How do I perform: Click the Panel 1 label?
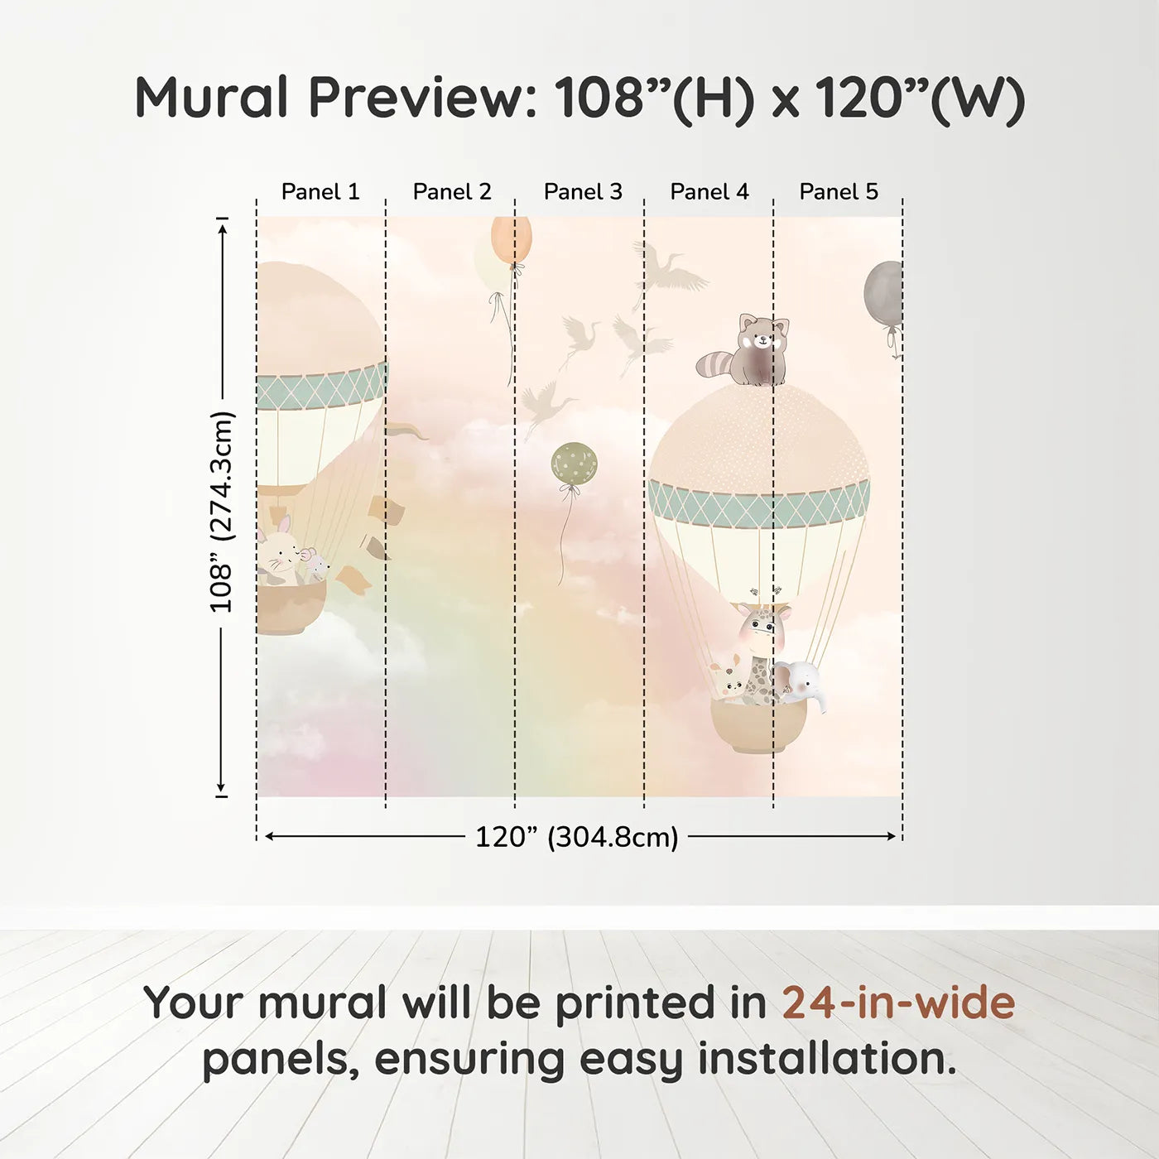click(x=320, y=192)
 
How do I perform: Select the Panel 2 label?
click(x=452, y=192)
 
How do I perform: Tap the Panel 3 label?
click(x=583, y=192)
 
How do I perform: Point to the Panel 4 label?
click(x=709, y=192)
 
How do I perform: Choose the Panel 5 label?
click(x=839, y=192)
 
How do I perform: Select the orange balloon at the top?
click(x=512, y=239)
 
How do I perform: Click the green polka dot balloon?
click(x=575, y=464)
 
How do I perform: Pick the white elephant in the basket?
click(x=797, y=681)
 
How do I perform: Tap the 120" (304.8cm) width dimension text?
click(x=576, y=837)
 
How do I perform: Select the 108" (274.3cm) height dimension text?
click(x=222, y=512)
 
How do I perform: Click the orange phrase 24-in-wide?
click(x=898, y=1003)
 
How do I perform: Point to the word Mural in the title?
click(x=212, y=98)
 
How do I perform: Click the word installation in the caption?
click(x=826, y=1059)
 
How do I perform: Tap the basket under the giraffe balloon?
click(x=757, y=728)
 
